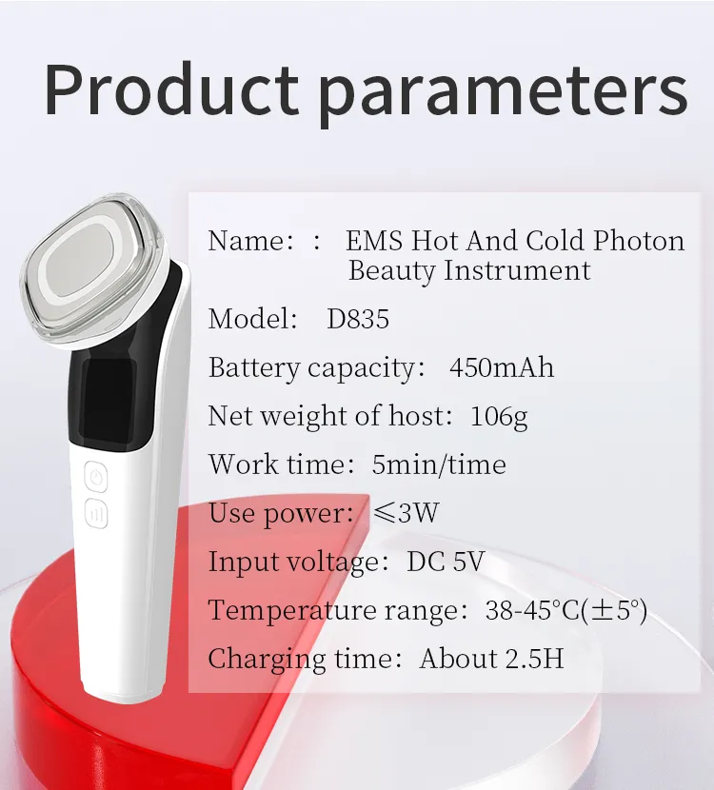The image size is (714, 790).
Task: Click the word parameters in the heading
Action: coord(502,91)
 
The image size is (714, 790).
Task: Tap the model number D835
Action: coord(358,319)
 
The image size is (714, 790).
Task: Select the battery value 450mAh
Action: coord(501,367)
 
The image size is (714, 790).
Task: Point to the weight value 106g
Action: coord(499,416)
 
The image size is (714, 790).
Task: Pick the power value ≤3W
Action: coord(406,513)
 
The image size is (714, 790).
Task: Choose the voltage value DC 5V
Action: coord(446,562)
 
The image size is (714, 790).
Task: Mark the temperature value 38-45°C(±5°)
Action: coord(566,610)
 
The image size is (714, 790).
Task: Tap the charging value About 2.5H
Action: coord(491,659)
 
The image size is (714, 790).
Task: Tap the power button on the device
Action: coord(97,475)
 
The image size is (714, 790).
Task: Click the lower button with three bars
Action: coord(96,514)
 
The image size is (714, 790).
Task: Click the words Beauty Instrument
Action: coord(469,270)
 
